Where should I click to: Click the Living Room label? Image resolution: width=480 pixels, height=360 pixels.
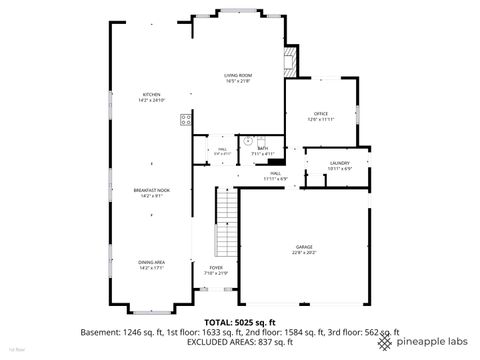click(x=236, y=76)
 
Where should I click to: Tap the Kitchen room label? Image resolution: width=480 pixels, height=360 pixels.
click(x=151, y=96)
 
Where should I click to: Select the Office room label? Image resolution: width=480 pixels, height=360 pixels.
click(x=321, y=114)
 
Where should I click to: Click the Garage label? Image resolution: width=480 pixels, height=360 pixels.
click(x=304, y=246)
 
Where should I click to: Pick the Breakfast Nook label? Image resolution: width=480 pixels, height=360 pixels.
click(x=151, y=190)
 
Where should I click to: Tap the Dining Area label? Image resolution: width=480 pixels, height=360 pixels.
click(x=151, y=262)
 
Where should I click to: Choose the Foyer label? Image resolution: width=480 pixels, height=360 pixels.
click(x=216, y=269)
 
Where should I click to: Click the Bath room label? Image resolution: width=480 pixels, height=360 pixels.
click(x=262, y=148)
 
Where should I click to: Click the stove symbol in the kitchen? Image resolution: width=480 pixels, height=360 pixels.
click(x=185, y=120)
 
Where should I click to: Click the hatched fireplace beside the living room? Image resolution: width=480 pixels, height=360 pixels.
click(x=290, y=61)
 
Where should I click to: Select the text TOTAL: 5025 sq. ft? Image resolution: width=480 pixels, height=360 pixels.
click(x=241, y=322)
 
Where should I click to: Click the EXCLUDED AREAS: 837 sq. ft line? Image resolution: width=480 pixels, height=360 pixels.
click(x=241, y=342)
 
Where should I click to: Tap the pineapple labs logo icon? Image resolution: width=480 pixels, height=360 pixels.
click(x=385, y=341)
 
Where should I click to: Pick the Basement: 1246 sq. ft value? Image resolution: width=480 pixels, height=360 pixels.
click(x=122, y=332)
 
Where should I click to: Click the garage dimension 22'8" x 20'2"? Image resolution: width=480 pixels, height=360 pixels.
click(x=304, y=253)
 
